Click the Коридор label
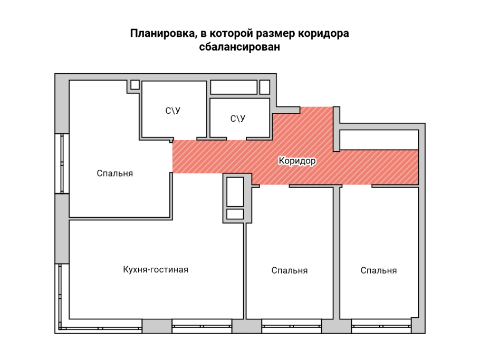click(x=296, y=161)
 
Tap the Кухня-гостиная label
click(x=156, y=269)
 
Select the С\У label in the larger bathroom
click(x=172, y=111)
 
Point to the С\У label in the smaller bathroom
click(x=238, y=119)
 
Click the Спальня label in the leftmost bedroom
click(x=115, y=173)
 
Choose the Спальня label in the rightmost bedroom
click(x=379, y=270)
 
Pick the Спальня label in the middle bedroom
click(x=289, y=270)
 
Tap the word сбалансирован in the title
click(x=239, y=47)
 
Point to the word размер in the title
click(x=275, y=34)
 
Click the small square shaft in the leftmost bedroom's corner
click(x=135, y=84)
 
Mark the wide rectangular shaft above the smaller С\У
click(x=234, y=86)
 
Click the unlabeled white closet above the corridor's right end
click(x=379, y=139)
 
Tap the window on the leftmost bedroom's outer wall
click(x=62, y=163)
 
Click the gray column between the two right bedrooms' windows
click(x=337, y=326)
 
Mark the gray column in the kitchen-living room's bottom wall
click(x=157, y=326)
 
